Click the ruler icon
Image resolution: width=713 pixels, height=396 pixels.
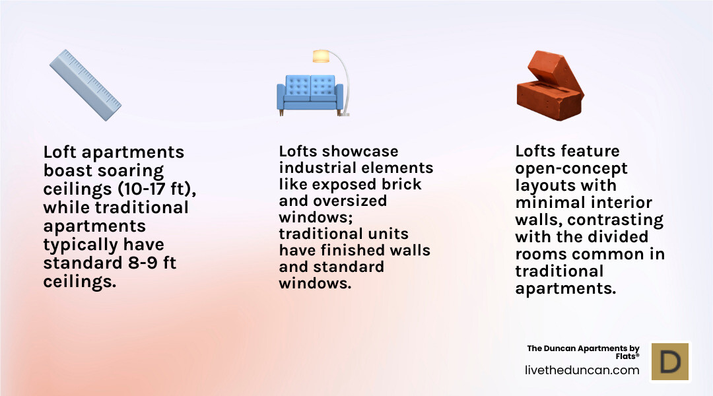[85, 84]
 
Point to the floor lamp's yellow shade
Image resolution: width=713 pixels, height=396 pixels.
[321, 56]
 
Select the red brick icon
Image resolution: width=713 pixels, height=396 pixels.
[549, 85]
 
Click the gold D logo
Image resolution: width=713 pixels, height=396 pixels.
[670, 362]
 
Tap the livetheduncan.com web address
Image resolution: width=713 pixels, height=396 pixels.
[582, 370]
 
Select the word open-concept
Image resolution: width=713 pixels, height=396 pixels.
[571, 168]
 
